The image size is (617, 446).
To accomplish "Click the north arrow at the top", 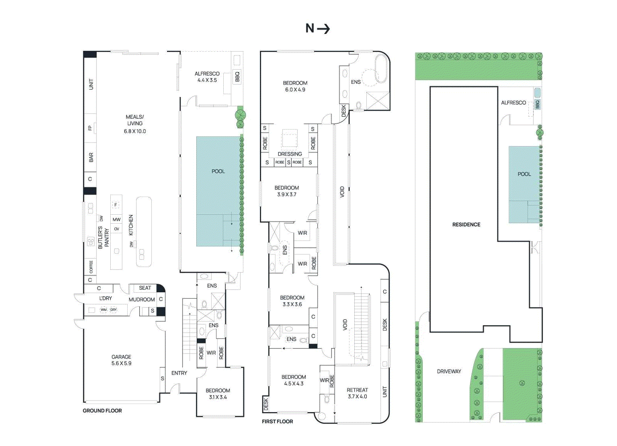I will point(318,29).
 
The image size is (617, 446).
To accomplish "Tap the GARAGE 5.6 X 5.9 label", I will point(121,360).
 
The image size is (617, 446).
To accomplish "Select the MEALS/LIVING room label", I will point(135,123).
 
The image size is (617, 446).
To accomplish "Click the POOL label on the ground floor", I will point(218,171).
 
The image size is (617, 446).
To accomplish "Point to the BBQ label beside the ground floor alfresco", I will point(237,76).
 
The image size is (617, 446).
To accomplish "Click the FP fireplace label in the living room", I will point(90,128).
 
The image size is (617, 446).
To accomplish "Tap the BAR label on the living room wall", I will point(91,157).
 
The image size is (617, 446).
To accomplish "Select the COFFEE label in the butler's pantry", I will point(91,267).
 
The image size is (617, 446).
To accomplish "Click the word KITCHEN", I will point(131,225).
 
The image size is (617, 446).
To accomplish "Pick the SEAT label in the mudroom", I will point(145,288).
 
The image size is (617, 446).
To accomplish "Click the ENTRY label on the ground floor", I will point(179,373).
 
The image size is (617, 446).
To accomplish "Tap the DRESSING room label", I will point(290,154).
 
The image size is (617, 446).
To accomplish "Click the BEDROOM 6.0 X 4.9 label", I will point(295,86).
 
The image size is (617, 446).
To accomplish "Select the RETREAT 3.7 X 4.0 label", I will point(357,393).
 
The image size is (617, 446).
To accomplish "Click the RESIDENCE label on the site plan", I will point(466,224).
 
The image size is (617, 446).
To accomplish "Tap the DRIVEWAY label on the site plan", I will point(449,372).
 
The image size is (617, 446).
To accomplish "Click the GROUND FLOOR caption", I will point(102,411).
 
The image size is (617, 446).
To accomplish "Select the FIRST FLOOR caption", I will point(277,421).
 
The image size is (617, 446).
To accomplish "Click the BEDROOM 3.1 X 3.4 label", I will point(218,394).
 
